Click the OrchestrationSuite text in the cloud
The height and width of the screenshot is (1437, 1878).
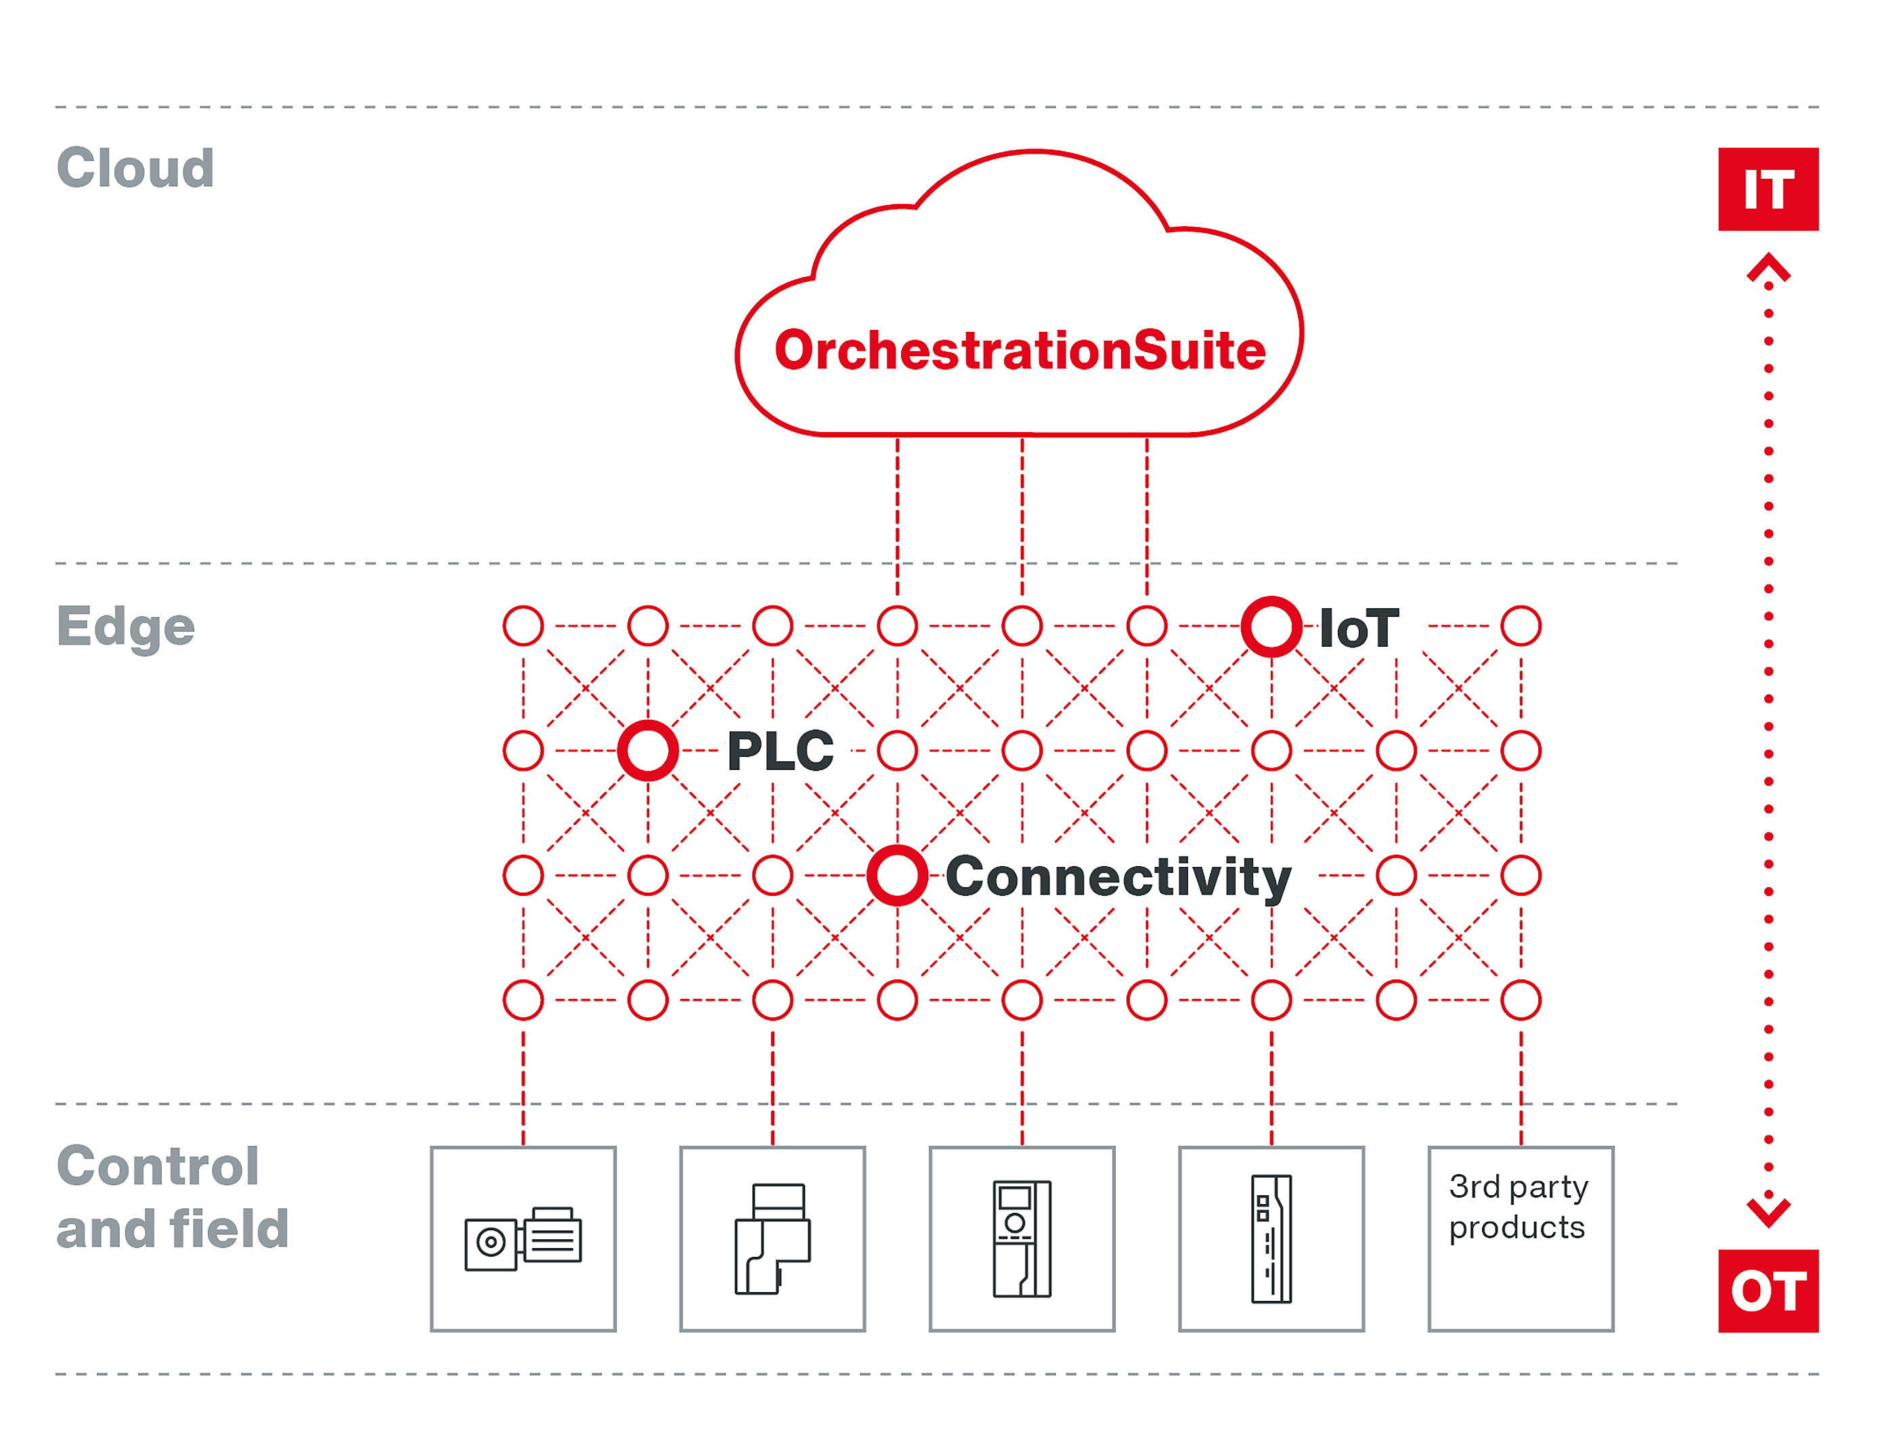tap(1020, 351)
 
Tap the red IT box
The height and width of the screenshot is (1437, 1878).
tap(1768, 189)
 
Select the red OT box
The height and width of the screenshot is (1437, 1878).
tap(1768, 1290)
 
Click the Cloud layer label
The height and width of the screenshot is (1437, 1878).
tap(135, 168)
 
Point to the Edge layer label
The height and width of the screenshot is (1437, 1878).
tap(126, 627)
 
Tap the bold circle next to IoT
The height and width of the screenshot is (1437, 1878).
tap(1271, 626)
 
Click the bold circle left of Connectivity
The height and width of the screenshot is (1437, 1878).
tap(897, 875)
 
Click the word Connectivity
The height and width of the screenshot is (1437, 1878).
tap(1118, 877)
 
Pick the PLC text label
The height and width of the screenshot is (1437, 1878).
tap(780, 751)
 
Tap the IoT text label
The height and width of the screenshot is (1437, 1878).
tap(1359, 628)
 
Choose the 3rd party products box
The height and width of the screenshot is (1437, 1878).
tap(1520, 1238)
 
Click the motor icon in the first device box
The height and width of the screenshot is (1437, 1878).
tap(523, 1239)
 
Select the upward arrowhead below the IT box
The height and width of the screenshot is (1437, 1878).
tap(1768, 267)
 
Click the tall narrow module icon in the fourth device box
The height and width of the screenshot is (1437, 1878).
tap(1271, 1239)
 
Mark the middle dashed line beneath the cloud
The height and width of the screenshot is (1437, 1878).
tap(1022, 513)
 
